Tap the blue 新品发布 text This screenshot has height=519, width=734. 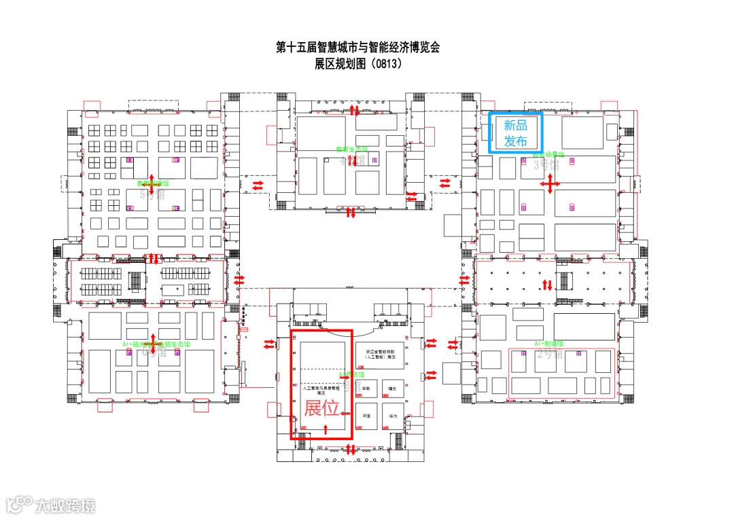point(515,133)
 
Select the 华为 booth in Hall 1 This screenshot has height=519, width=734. point(392,415)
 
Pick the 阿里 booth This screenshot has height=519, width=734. point(367,415)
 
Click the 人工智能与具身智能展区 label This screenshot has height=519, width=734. point(321,390)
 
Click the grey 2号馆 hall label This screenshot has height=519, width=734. point(549,353)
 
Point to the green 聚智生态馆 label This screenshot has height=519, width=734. point(351,149)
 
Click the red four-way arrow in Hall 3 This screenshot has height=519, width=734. point(550,183)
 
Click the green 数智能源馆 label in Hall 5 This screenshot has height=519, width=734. point(153,183)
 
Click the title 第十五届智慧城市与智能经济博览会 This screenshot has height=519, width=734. point(358,48)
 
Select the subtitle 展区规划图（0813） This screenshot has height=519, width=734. point(358,65)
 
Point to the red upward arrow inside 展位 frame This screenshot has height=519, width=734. point(326,428)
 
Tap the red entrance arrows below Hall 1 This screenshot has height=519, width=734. point(351,449)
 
